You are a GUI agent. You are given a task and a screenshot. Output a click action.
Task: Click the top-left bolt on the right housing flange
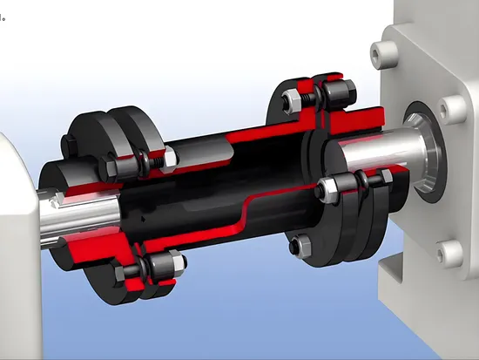point(376,54)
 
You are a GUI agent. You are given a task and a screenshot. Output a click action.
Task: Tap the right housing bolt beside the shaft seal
point(451,110)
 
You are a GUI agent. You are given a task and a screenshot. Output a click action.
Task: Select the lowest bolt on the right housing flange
point(451,254)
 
